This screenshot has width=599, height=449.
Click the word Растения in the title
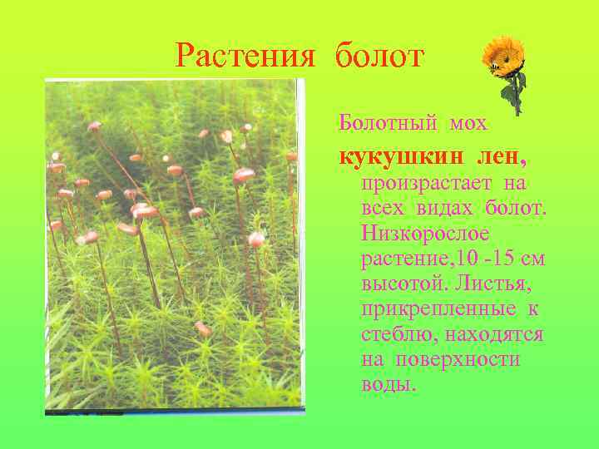pyautogui.click(x=246, y=57)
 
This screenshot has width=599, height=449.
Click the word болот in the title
pyautogui.click(x=380, y=57)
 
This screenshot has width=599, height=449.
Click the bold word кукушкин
pyautogui.click(x=403, y=155)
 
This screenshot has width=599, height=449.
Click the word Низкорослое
pyautogui.click(x=413, y=233)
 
